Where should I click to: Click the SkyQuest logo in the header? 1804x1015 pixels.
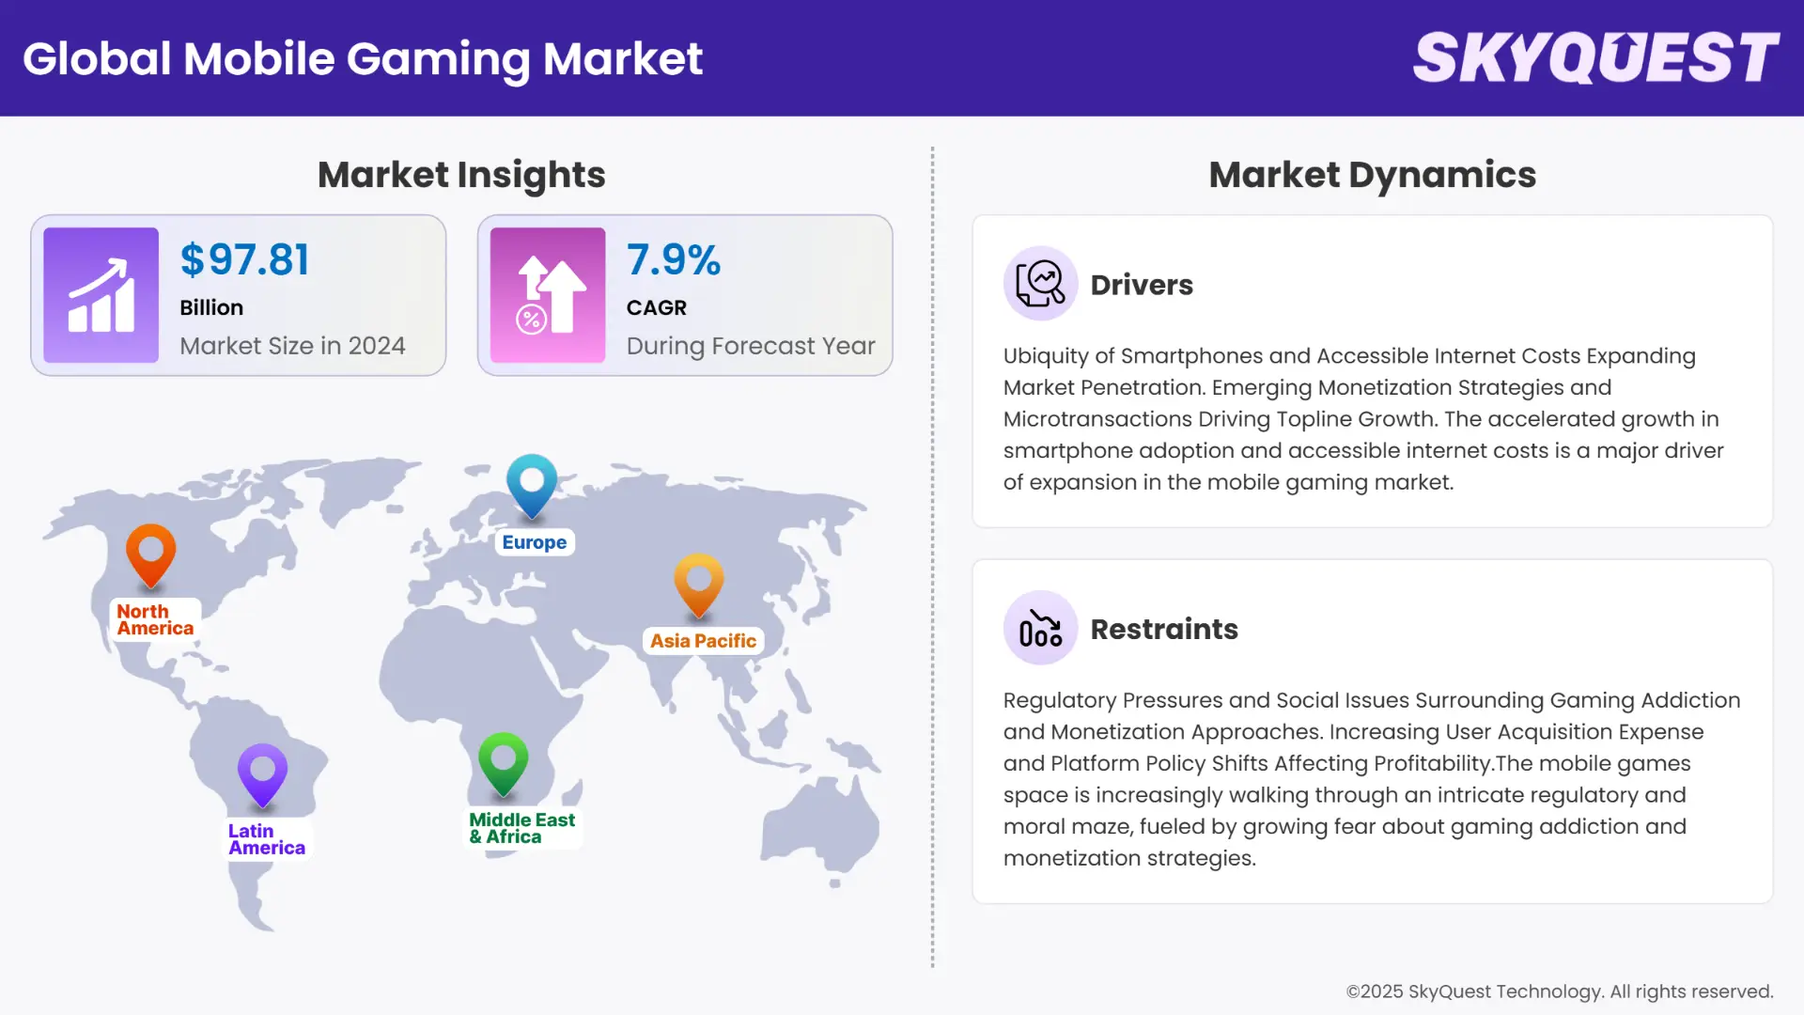point(1595,58)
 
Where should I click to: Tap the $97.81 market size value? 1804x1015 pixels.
point(244,260)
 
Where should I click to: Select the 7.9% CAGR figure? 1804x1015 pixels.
point(673,260)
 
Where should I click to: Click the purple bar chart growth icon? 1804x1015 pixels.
point(101,295)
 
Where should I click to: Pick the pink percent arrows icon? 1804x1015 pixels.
point(548,295)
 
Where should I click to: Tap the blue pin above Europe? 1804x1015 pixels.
point(532,483)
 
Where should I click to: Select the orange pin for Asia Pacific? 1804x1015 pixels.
point(698,583)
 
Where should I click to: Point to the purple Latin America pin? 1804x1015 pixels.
point(262,773)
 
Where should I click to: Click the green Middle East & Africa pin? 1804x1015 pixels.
point(503,761)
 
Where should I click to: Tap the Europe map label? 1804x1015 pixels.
point(534,542)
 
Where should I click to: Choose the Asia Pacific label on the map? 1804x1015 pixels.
point(703,641)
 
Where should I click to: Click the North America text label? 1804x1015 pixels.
point(155,620)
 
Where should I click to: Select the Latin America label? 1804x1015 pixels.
point(266,839)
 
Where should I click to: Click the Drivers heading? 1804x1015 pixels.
point(1142,285)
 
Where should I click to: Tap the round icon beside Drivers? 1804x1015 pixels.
point(1040,283)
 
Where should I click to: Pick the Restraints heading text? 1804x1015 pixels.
point(1164,629)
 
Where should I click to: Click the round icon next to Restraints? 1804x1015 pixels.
point(1040,628)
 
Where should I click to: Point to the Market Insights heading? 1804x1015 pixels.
point(461,175)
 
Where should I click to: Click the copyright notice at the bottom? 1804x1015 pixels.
point(1559,992)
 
